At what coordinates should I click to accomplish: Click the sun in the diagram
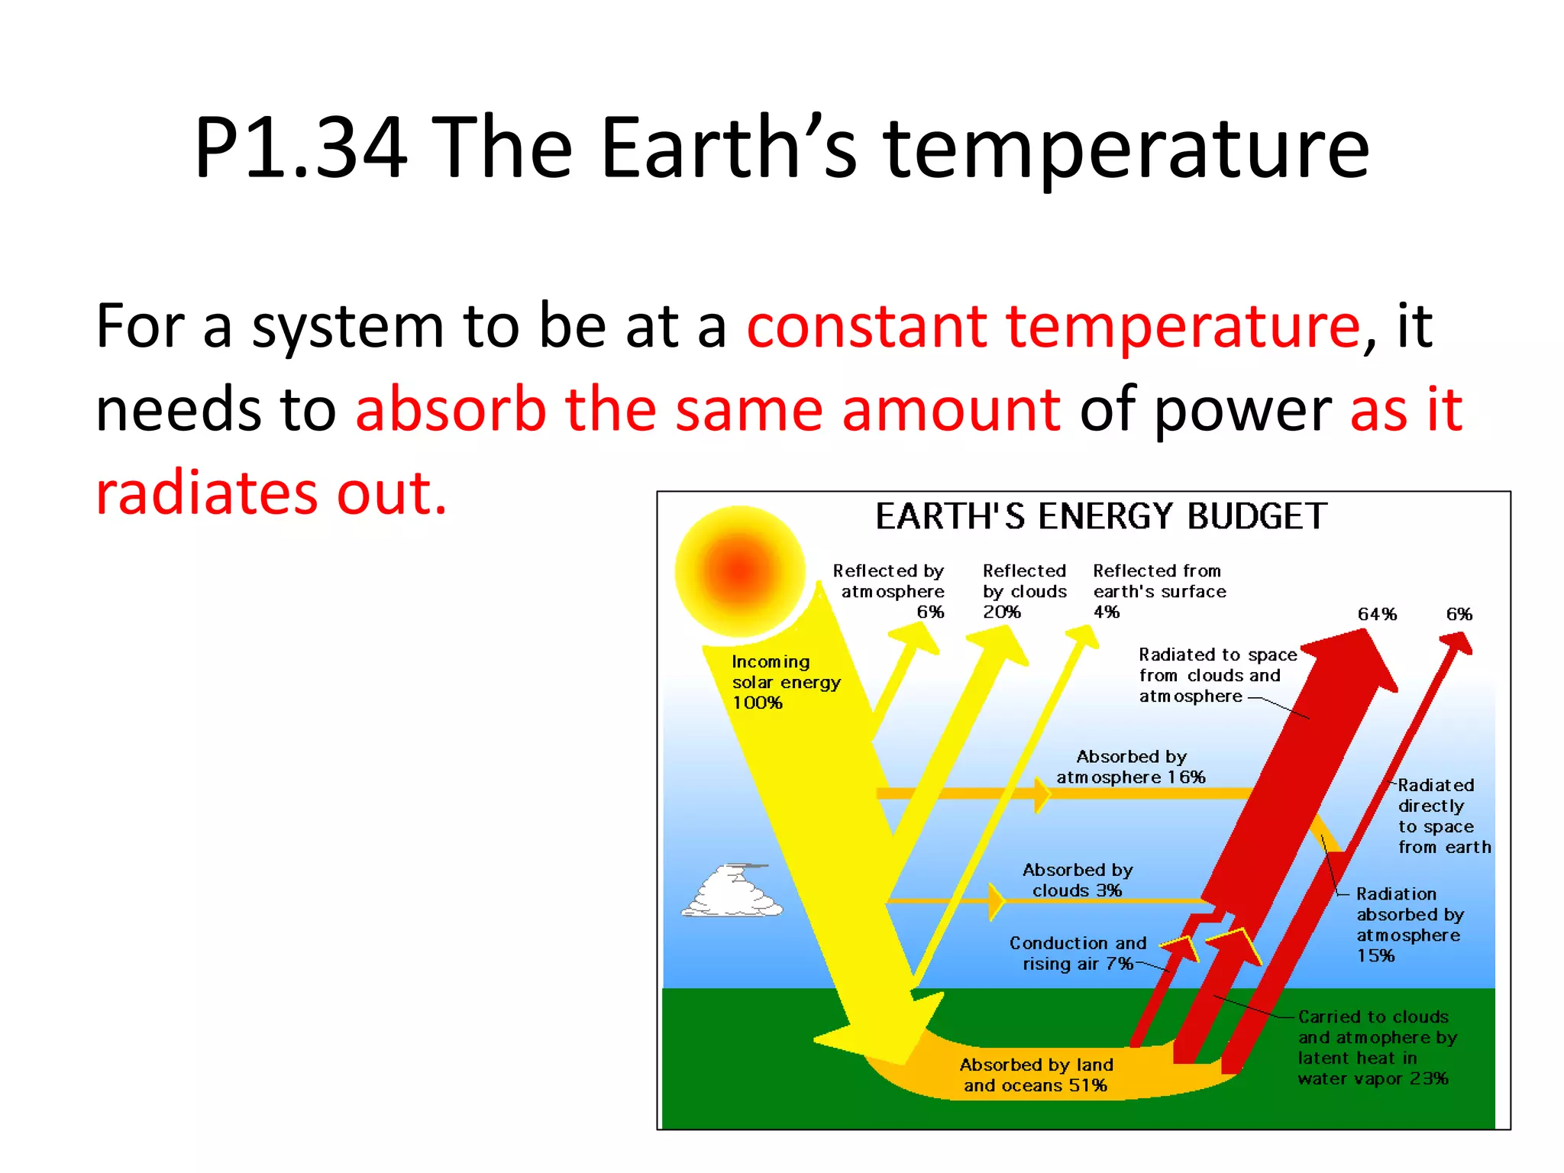tap(739, 570)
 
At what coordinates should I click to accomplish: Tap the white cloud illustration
tap(732, 892)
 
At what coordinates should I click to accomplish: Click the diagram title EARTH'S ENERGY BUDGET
tap(1100, 517)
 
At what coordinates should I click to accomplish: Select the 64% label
tap(1377, 614)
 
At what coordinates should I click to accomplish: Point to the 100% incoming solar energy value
tap(757, 703)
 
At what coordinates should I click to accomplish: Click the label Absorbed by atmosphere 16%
tap(1130, 767)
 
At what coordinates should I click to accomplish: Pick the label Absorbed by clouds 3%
tap(1077, 880)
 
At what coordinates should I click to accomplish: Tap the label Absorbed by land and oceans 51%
tap(1036, 1074)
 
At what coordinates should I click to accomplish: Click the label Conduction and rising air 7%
tap(1078, 953)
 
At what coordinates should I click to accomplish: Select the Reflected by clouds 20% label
tap(1023, 591)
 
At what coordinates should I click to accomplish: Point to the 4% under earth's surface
tap(1106, 612)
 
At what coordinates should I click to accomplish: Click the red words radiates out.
tap(271, 493)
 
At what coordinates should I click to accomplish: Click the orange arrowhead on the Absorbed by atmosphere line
tap(1042, 794)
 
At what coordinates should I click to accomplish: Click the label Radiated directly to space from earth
tap(1443, 816)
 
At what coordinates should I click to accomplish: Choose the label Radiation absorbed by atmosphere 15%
tap(1409, 924)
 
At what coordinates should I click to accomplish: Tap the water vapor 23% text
tap(1372, 1078)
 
